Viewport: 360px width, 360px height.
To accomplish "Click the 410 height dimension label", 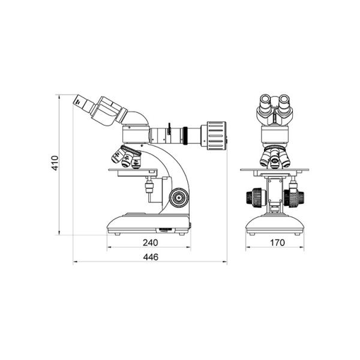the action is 55,163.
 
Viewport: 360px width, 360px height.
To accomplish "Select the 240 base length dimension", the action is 151,242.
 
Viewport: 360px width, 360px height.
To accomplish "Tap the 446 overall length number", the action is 151,257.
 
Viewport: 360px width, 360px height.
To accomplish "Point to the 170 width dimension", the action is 277,242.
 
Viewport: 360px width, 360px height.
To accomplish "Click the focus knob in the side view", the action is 179,197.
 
